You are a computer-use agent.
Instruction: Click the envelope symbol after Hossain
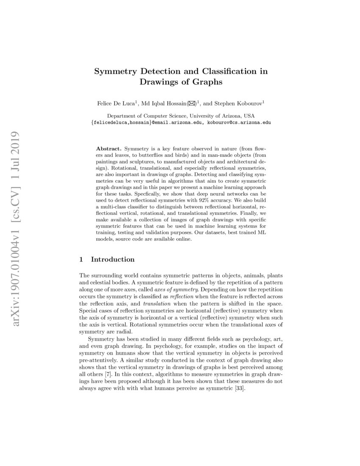(x=197, y=103)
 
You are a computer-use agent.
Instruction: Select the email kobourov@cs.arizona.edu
(x=237, y=122)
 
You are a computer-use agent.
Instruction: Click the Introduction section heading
(x=113, y=259)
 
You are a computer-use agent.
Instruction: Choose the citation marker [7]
(x=110, y=375)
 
